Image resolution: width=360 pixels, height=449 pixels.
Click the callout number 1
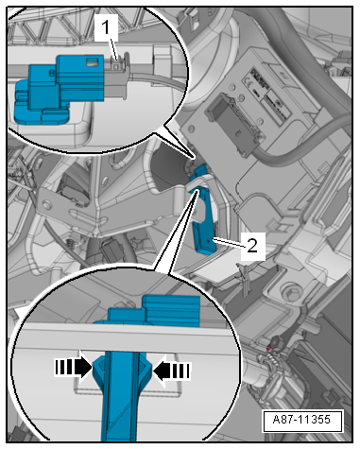(106, 27)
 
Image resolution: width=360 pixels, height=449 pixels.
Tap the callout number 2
(252, 245)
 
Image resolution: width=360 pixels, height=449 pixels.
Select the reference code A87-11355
(301, 420)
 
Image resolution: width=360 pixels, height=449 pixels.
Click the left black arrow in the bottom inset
(74, 368)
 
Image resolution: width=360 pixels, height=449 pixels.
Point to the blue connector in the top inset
(60, 88)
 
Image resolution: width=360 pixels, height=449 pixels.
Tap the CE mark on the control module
(247, 83)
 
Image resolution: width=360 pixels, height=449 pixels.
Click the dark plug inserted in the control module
(233, 124)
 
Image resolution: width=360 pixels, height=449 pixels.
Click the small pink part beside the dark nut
(269, 349)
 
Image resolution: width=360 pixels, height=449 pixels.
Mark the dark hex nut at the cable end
(277, 341)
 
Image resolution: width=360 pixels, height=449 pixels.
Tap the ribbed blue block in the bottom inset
(172, 310)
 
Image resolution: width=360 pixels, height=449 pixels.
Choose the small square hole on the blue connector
(92, 62)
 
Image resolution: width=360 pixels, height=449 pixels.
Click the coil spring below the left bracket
(72, 244)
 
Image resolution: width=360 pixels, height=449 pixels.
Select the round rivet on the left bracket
(47, 205)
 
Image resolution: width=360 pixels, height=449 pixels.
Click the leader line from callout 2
(229, 243)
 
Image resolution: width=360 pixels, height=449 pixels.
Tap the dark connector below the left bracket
(111, 251)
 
